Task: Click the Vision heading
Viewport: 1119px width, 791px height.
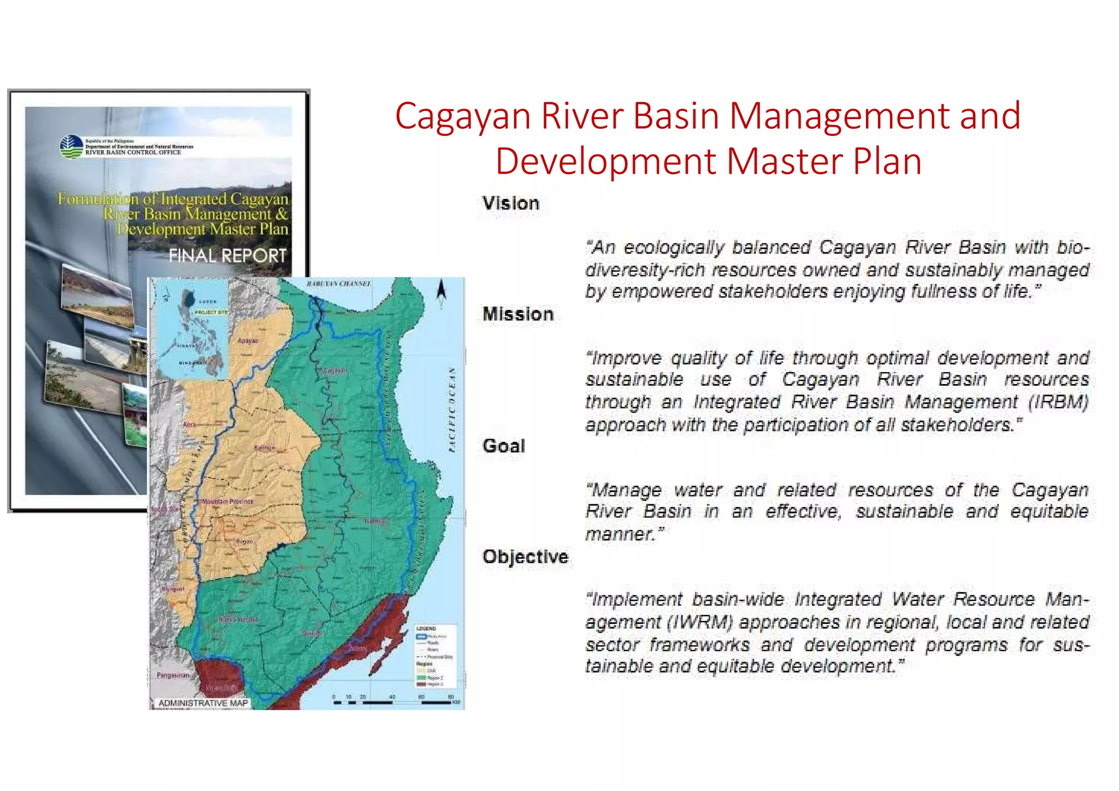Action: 510,203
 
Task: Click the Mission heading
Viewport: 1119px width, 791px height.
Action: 518,314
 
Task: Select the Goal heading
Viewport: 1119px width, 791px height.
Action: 503,446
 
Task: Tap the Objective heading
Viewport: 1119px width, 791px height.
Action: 525,557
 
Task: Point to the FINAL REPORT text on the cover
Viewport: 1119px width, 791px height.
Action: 227,256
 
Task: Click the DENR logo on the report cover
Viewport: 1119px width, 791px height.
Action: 71,146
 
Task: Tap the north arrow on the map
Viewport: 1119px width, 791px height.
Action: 441,292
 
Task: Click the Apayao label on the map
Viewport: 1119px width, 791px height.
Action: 248,341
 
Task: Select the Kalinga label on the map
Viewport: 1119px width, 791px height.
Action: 264,447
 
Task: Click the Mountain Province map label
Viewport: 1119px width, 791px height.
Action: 228,501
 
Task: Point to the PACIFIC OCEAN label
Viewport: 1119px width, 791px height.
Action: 452,410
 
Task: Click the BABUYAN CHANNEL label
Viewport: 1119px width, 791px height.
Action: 339,284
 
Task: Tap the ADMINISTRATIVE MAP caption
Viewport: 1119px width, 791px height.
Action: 203,703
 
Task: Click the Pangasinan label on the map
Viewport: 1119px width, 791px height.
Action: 173,675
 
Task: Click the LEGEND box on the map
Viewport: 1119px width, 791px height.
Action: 434,656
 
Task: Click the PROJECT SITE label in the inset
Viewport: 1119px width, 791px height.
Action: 211,312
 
